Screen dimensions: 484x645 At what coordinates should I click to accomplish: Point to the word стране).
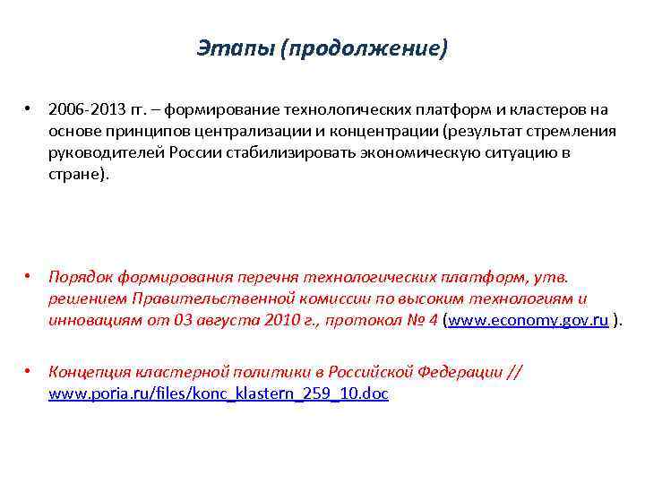tap(79, 175)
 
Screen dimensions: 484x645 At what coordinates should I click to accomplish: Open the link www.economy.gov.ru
tap(529, 320)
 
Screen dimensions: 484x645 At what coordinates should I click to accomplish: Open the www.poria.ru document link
tap(219, 393)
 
